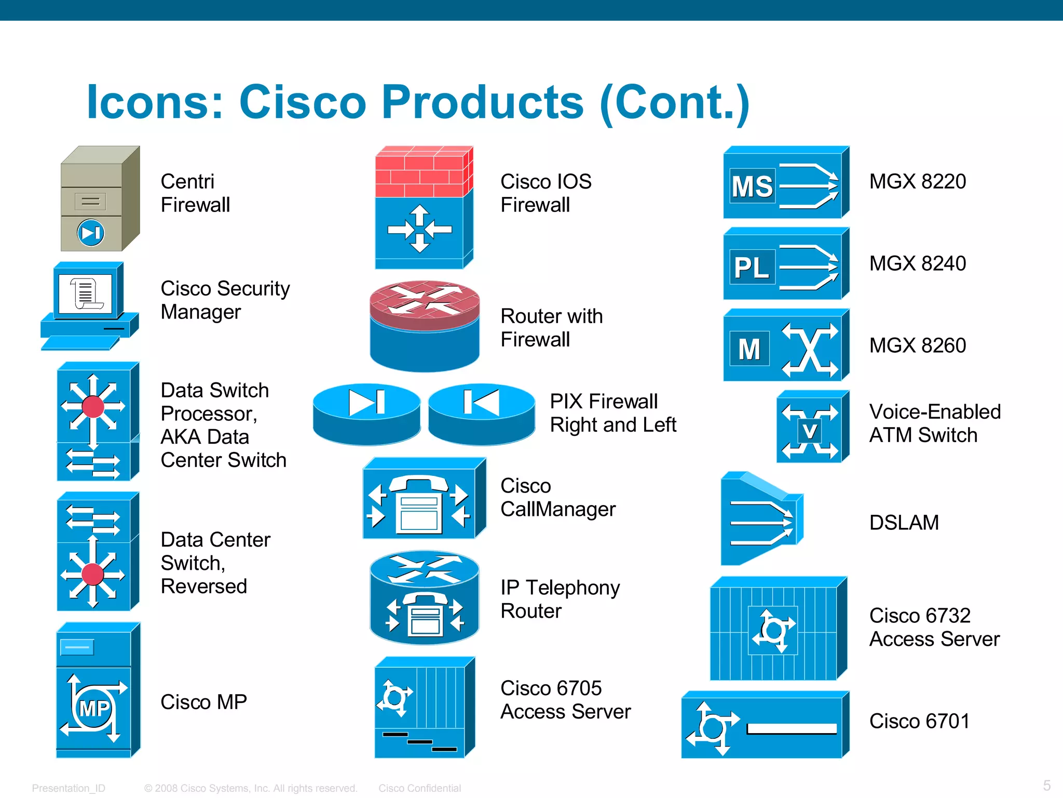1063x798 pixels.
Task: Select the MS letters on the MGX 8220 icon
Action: (752, 186)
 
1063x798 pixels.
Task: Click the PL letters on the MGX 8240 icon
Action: (752, 268)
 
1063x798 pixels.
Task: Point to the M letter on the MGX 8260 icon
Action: (749, 349)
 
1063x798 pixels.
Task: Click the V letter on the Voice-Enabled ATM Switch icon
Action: (809, 431)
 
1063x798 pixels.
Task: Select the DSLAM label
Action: (904, 523)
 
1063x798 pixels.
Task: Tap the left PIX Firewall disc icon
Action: (366, 414)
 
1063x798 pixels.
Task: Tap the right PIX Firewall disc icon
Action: (482, 414)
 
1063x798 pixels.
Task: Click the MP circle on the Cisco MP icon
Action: (94, 708)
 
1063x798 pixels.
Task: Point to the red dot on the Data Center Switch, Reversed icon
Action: (93, 575)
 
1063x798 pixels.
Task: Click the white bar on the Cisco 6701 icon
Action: (792, 729)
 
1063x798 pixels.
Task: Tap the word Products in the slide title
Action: (482, 102)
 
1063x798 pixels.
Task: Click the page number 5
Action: (1046, 785)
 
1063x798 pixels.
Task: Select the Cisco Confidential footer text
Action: (419, 788)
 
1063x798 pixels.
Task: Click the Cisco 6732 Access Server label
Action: (934, 627)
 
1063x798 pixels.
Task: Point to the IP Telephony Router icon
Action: (424, 598)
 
